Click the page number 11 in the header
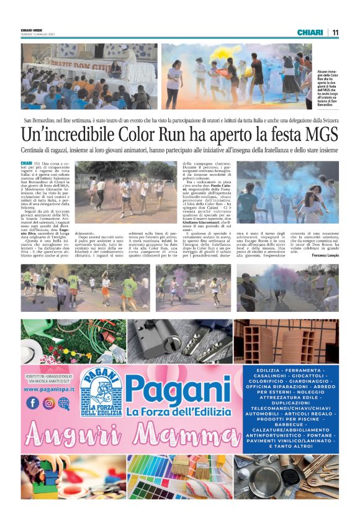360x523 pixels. click(x=335, y=32)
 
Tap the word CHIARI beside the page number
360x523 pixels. click(x=310, y=32)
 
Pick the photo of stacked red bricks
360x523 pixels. click(x=286, y=341)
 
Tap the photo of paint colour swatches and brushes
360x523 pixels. click(x=180, y=476)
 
